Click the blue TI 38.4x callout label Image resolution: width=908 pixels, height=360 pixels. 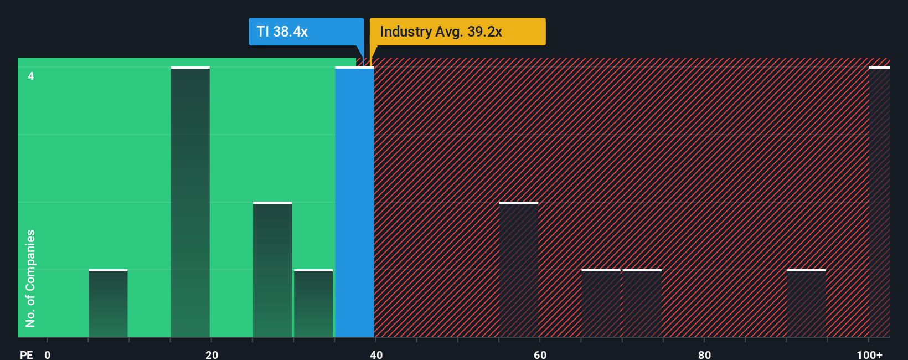click(x=306, y=32)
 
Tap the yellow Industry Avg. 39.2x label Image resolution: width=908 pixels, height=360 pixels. click(x=457, y=32)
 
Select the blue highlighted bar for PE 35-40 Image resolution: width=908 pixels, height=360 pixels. click(x=354, y=202)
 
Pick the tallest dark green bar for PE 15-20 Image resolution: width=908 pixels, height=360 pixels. click(x=190, y=202)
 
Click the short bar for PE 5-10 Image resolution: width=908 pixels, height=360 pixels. click(x=108, y=304)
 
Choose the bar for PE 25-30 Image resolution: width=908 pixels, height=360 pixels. click(x=272, y=270)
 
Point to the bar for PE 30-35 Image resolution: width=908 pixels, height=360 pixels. click(x=313, y=304)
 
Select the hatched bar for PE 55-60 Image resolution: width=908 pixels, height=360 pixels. click(x=519, y=270)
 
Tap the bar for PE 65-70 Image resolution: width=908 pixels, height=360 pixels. click(x=601, y=304)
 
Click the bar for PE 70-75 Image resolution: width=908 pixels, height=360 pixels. click(x=642, y=304)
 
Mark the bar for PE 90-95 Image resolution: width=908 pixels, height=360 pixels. click(x=806, y=304)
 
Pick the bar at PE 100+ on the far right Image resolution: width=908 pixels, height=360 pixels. click(x=879, y=202)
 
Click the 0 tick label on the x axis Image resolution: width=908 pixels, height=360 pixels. click(x=48, y=354)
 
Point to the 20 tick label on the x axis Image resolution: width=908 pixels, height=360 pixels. click(x=211, y=354)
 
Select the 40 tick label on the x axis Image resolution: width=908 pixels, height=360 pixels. click(x=376, y=354)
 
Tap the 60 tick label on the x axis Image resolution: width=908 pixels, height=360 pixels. click(x=540, y=354)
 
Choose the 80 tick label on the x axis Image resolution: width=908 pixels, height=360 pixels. click(x=704, y=354)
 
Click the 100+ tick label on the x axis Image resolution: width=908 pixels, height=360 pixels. click(x=869, y=354)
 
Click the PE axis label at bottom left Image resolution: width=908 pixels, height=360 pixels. click(x=26, y=354)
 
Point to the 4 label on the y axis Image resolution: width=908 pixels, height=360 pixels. click(x=31, y=76)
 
